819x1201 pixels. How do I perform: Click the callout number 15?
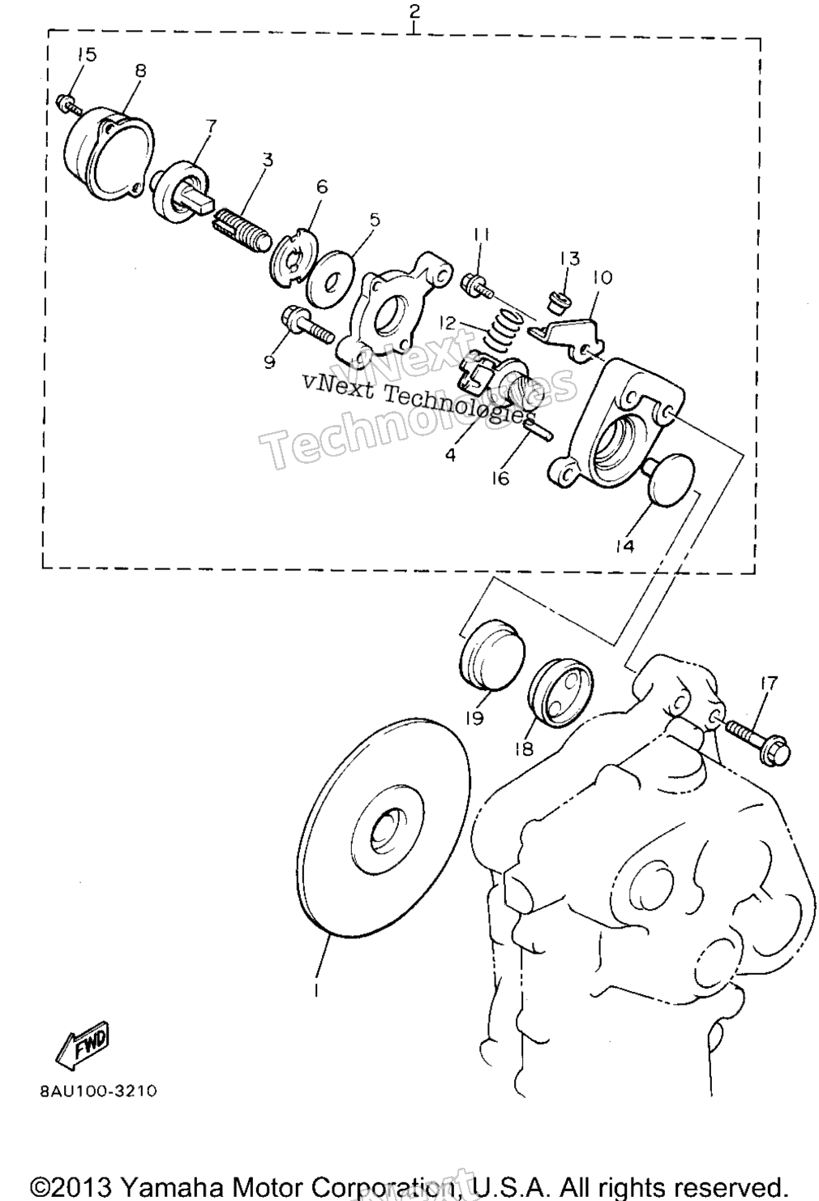(85, 54)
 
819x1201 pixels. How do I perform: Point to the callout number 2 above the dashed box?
(414, 12)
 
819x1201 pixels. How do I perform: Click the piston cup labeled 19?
(492, 654)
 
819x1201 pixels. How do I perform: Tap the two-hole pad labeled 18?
(560, 696)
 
